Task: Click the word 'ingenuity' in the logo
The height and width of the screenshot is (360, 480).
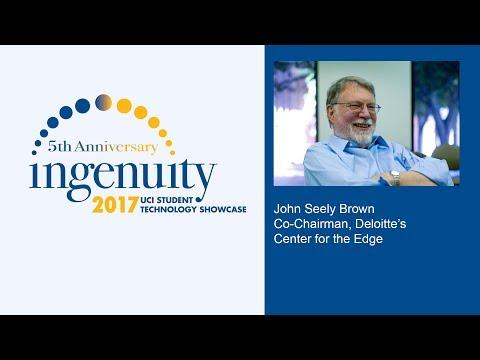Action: pos(122,176)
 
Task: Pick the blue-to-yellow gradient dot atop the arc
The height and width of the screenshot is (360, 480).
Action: pos(103,101)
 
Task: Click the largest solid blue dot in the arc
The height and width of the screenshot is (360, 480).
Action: pos(82,105)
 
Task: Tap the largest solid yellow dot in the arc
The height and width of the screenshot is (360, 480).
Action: pos(124,105)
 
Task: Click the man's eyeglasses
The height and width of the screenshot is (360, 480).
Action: pos(357,107)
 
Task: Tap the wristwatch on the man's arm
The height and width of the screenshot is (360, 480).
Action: pos(395,177)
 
